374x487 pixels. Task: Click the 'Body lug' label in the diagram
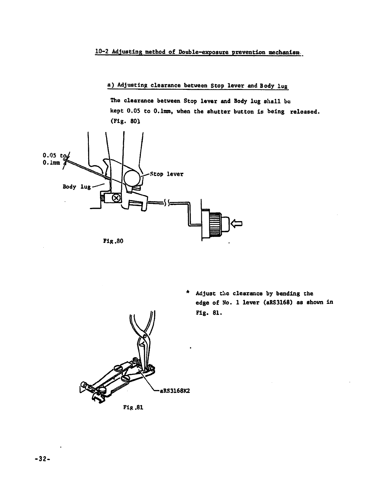pos(76,187)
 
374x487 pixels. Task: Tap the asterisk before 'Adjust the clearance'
pos(188,292)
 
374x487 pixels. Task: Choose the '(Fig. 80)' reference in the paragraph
pos(125,122)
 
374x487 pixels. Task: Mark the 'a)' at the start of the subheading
pos(110,85)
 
